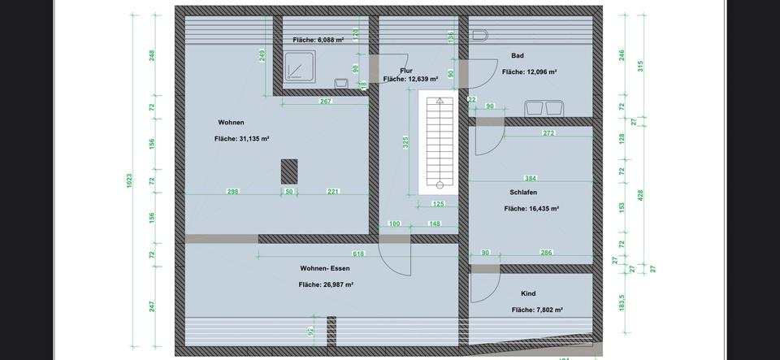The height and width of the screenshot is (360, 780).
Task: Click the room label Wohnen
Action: tap(231, 123)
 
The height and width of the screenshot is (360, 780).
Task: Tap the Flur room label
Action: tap(406, 71)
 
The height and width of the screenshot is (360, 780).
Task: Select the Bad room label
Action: tap(518, 56)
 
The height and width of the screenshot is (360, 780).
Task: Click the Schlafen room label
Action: tap(523, 193)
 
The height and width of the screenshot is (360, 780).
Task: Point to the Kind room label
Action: tap(528, 293)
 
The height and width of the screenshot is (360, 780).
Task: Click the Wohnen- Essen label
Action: tap(325, 268)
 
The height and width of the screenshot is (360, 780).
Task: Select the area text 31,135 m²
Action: tap(242, 139)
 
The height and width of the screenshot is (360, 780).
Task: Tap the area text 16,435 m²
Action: tap(531, 209)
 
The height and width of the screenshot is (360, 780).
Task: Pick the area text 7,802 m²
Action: tap(537, 310)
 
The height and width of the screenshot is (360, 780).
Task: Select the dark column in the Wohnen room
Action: tap(289, 171)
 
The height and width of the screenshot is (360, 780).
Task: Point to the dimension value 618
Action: tap(358, 254)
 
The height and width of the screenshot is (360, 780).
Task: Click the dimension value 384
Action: tap(531, 178)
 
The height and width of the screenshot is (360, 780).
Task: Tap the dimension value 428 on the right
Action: tap(639, 196)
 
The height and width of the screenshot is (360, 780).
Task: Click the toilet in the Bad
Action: tap(479, 36)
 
